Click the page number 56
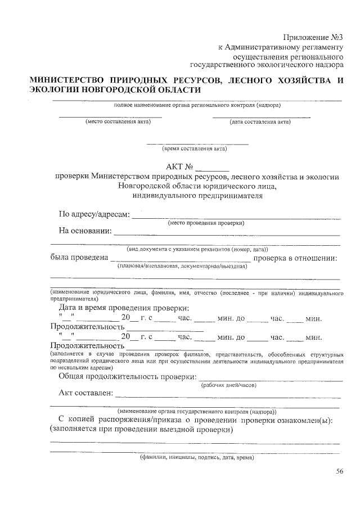click(340, 472)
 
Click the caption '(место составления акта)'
click(110, 121)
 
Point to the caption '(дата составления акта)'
click(260, 121)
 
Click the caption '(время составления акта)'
click(195, 149)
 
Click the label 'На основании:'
click(85, 231)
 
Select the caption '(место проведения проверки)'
click(202, 223)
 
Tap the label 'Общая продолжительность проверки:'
click(128, 376)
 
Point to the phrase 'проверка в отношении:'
click(295, 258)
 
